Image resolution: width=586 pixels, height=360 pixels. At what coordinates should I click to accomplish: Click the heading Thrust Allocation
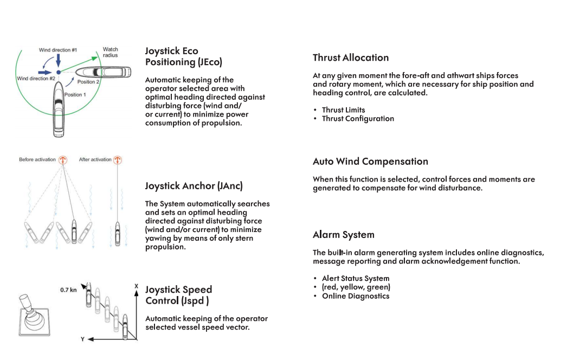click(x=351, y=58)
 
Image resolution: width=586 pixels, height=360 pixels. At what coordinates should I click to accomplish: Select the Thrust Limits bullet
click(x=343, y=110)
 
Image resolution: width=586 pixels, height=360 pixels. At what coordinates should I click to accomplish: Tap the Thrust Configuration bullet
click(x=358, y=119)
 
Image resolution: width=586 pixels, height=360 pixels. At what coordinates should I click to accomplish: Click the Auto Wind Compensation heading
click(x=370, y=162)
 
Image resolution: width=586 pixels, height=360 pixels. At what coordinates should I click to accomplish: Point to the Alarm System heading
click(x=344, y=235)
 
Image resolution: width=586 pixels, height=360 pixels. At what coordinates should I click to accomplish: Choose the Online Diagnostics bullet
click(x=355, y=296)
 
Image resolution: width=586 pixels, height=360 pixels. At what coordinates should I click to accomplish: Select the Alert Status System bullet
click(x=355, y=279)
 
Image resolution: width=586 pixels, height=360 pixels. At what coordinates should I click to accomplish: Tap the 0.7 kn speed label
click(x=68, y=290)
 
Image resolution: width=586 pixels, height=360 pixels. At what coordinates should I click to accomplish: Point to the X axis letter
click(x=136, y=286)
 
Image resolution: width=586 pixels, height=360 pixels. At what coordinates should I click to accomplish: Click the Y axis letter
click(x=83, y=339)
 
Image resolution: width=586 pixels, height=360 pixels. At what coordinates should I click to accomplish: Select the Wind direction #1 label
click(x=57, y=50)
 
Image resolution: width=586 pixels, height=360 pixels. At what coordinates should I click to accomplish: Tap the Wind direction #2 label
click(x=36, y=79)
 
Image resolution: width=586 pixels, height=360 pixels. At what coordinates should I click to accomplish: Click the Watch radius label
click(x=111, y=52)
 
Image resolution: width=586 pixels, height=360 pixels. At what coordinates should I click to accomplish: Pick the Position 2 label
click(x=88, y=82)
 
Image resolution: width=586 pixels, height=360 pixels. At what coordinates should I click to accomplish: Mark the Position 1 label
click(x=75, y=95)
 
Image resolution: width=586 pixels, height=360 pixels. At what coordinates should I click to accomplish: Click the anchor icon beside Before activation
click(x=62, y=160)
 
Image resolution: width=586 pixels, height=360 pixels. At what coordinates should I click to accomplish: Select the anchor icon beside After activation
click(x=118, y=160)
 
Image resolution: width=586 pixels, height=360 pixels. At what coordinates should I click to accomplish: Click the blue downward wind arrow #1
click(x=59, y=60)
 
